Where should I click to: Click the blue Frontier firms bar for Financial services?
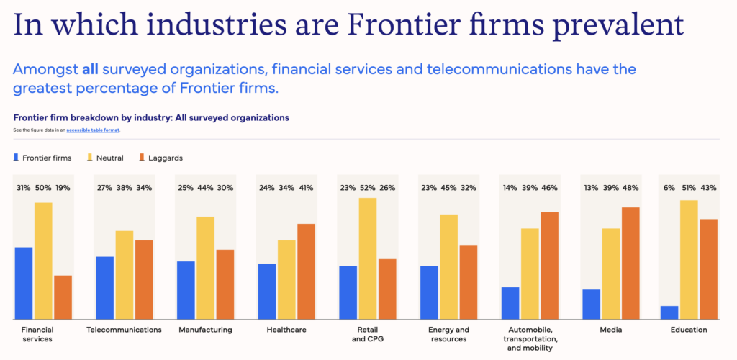(x=24, y=283)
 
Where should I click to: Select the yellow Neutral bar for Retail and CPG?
(x=368, y=258)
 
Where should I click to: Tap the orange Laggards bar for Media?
(x=630, y=263)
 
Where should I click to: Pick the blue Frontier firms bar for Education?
(x=669, y=312)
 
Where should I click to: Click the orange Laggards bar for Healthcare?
(x=306, y=271)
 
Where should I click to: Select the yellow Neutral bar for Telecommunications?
(x=125, y=275)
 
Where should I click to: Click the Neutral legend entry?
(x=104, y=157)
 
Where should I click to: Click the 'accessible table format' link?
(x=93, y=130)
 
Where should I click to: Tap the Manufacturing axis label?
(x=206, y=330)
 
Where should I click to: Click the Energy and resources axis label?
(x=448, y=334)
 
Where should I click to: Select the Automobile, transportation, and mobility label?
(x=529, y=338)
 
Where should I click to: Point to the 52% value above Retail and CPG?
(x=368, y=188)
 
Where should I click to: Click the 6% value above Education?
(x=669, y=188)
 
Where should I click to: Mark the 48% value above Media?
(x=630, y=188)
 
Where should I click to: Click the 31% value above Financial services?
(x=24, y=188)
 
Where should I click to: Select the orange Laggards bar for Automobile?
(x=550, y=266)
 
